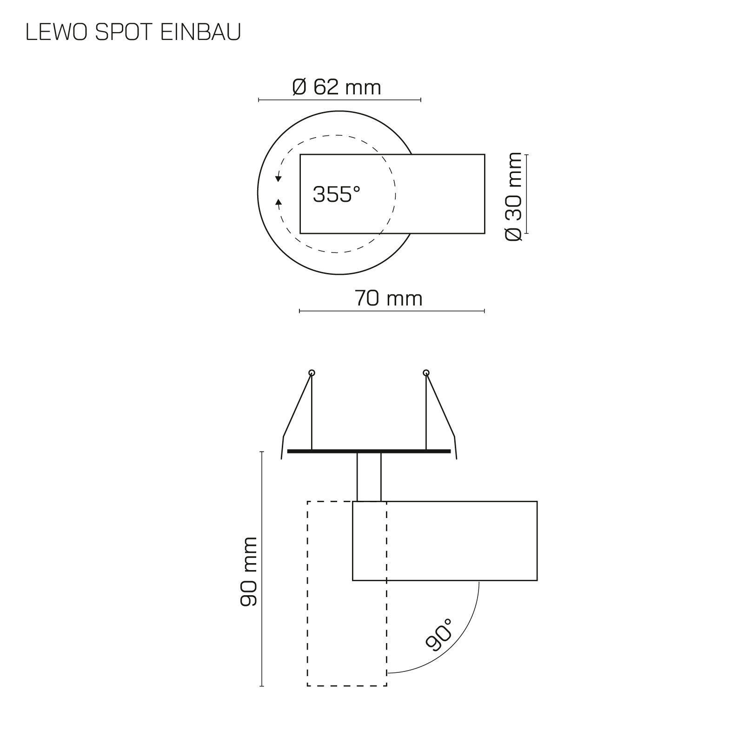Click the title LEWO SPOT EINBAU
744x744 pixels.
[133, 33]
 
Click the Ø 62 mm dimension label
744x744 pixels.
[337, 87]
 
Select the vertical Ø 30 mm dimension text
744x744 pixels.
[514, 196]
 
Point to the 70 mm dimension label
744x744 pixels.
[389, 298]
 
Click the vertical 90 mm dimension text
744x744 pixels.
[249, 571]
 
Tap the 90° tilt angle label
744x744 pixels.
[439, 635]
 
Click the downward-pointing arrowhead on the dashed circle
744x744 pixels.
[279, 178]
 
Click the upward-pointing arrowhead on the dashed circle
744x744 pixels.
[279, 202]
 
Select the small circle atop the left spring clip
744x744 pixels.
[312, 373]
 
